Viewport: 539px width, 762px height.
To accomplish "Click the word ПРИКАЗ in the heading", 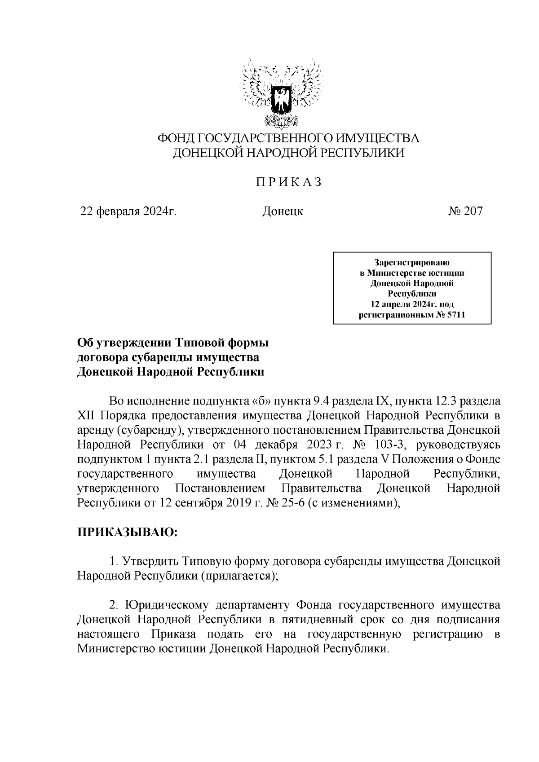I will coord(289,182).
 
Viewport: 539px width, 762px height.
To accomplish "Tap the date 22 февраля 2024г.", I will coord(128,211).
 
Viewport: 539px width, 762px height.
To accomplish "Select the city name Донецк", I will coord(283,211).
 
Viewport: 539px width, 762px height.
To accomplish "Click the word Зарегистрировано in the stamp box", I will coord(412,262).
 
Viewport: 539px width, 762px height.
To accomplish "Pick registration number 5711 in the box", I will coord(456,315).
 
